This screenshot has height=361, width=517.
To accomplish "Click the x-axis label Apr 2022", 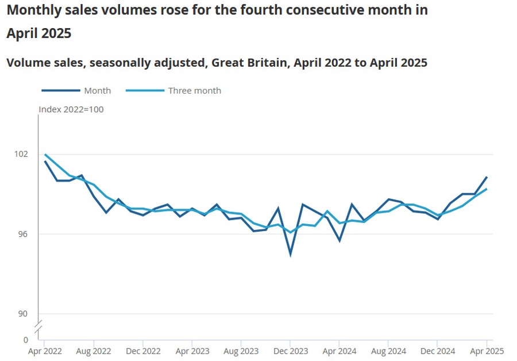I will pyautogui.click(x=45, y=351).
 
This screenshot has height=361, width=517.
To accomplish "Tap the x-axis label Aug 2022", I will pyautogui.click(x=94, y=351).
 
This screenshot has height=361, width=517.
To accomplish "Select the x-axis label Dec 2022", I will pyautogui.click(x=143, y=351).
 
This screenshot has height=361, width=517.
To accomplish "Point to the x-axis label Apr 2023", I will pyautogui.click(x=192, y=351).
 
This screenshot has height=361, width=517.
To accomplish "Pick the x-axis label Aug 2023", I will pyautogui.click(x=241, y=351).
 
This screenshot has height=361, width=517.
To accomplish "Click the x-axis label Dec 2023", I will pyautogui.click(x=291, y=351).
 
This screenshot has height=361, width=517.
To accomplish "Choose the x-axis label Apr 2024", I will pyautogui.click(x=339, y=351).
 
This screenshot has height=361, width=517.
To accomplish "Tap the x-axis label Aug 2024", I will pyautogui.click(x=388, y=351).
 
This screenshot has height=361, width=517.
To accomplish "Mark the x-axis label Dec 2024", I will pyautogui.click(x=438, y=351).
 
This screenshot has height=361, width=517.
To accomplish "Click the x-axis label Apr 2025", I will pyautogui.click(x=487, y=351).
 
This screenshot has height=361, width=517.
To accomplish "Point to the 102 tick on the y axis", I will pyautogui.click(x=21, y=154).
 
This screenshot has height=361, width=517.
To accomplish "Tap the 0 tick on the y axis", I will pyautogui.click(x=25, y=339).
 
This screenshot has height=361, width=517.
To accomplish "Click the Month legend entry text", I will pyautogui.click(x=97, y=90).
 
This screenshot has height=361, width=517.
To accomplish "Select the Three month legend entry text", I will pyautogui.click(x=194, y=90).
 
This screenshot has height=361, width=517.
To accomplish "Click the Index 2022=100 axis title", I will pyautogui.click(x=71, y=109).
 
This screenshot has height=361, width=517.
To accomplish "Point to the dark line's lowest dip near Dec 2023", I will pyautogui.click(x=291, y=254).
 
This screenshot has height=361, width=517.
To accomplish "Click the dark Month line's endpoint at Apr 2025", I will pyautogui.click(x=487, y=177).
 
